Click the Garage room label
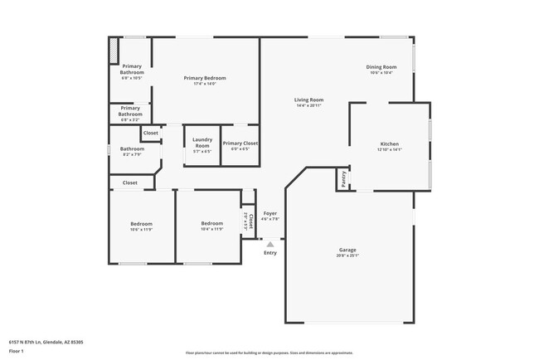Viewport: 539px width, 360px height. (x=347, y=250)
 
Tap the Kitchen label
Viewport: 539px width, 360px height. (x=389, y=144)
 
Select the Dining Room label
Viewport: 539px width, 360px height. (x=381, y=66)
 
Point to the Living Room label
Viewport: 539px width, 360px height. (x=308, y=100)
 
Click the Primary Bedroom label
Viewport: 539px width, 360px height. (x=205, y=78)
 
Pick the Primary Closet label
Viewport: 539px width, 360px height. (x=240, y=144)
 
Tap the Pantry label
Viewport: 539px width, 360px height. (x=341, y=178)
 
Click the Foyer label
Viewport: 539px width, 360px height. (x=270, y=213)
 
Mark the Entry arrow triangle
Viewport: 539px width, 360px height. (x=269, y=244)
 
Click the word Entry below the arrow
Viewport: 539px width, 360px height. (x=270, y=252)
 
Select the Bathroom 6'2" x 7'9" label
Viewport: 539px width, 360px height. (x=133, y=149)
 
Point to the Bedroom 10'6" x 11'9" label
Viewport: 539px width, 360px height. (x=141, y=223)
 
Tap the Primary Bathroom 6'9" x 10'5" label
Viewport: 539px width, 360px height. (x=133, y=70)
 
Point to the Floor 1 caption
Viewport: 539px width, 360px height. (x=17, y=350)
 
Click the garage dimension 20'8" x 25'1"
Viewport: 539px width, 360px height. (x=347, y=255)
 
